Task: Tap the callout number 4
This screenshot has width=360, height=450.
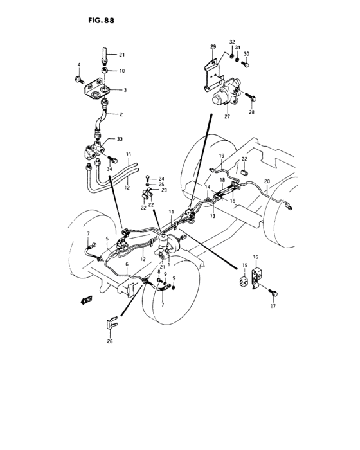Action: tap(79, 65)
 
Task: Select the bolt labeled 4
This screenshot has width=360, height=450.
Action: tap(79, 79)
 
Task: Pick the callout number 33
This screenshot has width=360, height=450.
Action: tap(120, 138)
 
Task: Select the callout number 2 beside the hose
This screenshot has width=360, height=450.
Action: tap(120, 114)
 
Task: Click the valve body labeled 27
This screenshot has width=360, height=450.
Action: tap(228, 93)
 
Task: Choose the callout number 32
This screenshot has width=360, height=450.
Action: tap(232, 42)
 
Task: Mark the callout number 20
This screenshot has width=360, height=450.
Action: tap(267, 181)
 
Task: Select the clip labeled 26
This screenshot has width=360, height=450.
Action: tap(112, 325)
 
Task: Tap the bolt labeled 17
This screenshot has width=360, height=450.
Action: tap(276, 293)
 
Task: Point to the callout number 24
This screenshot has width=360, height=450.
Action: tap(162, 178)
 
